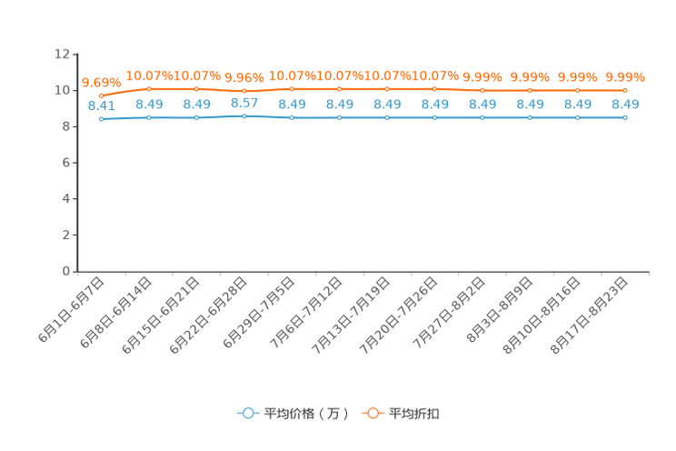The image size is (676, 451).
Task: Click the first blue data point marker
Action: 102,119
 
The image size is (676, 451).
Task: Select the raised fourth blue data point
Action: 244,116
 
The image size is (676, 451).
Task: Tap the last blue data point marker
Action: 624,118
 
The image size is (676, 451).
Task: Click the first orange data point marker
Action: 102,95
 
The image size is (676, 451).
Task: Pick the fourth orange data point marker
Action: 244,91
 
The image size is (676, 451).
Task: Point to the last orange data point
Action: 624,89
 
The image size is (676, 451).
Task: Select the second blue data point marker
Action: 149,118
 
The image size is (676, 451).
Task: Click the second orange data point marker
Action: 149,88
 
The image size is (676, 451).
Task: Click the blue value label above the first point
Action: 101,105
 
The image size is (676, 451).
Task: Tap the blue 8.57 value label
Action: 244,102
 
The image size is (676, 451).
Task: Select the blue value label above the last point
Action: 625,105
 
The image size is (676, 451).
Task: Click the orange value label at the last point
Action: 625,77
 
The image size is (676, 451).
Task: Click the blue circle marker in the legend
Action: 248,413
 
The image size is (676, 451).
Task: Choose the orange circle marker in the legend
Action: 373,413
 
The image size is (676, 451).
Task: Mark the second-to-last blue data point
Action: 577,118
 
